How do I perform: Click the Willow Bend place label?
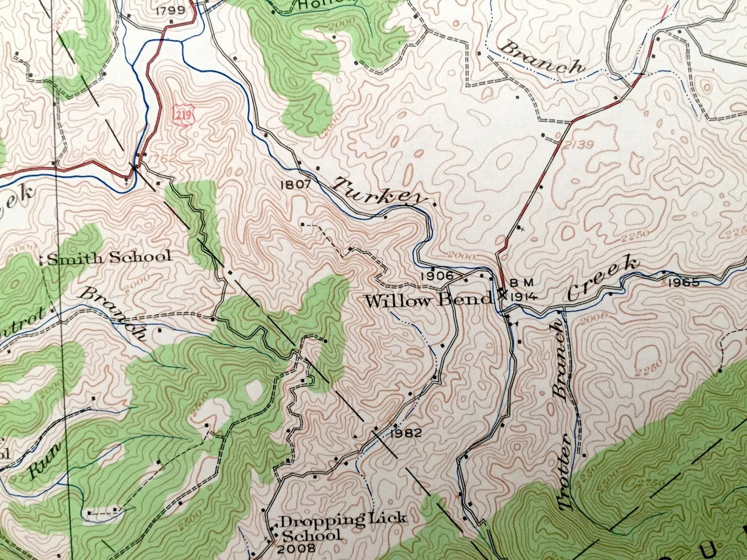[427, 301]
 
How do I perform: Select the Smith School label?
[107, 257]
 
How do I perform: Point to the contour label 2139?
[579, 144]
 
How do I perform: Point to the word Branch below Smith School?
[112, 312]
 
